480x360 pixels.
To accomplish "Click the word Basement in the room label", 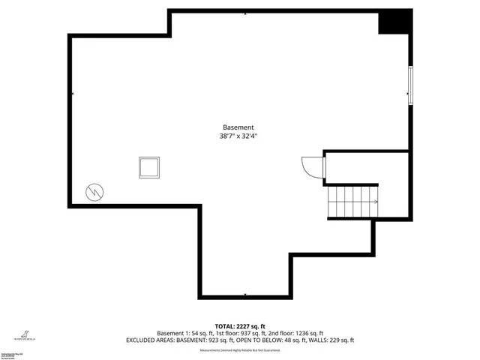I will pos(238,127).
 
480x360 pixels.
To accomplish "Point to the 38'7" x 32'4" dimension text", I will pos(238,137).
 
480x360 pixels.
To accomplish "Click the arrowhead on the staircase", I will pos(375,202).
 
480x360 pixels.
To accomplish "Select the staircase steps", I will pos(351,202).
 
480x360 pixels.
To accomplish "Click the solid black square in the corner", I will pos(394,22).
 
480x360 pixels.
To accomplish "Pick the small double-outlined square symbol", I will pos(148,167).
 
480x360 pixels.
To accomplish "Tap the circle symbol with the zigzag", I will pos(95,191).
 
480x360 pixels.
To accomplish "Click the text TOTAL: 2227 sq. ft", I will pos(239,325).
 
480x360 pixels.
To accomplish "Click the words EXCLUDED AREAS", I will pos(147,340).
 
